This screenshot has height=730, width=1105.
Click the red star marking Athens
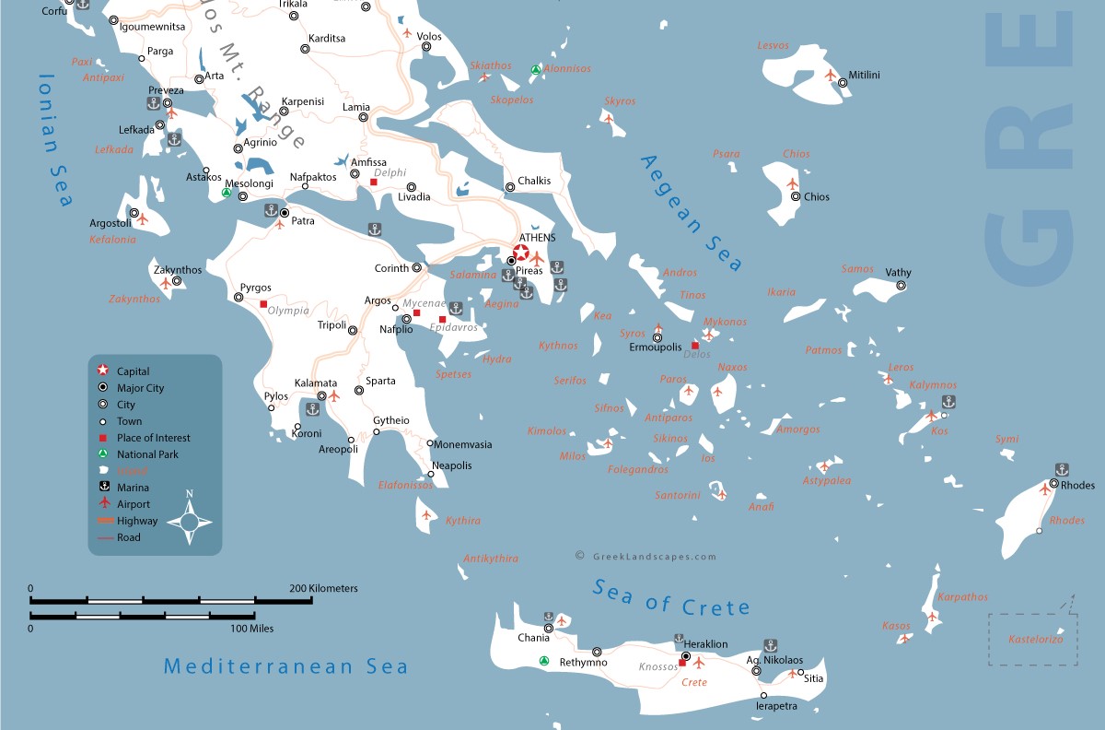[521, 253]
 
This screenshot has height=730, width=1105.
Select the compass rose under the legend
[191, 523]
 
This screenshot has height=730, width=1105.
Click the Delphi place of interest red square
[374, 182]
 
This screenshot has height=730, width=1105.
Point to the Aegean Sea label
[691, 213]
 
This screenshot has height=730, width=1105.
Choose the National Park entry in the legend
[147, 454]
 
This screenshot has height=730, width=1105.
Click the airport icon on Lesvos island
[831, 75]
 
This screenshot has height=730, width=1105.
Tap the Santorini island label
[677, 496]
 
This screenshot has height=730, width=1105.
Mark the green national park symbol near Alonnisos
[535, 70]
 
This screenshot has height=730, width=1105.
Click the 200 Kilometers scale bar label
[323, 588]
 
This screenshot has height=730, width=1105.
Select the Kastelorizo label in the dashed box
[1035, 639]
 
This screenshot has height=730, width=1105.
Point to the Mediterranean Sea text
[285, 665]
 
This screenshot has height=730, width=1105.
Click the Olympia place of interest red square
[263, 304]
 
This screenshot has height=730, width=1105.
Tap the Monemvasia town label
[462, 444]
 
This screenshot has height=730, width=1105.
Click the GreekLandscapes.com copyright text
[645, 557]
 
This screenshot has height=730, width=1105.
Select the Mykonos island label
[725, 322]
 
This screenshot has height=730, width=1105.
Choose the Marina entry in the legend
[133, 488]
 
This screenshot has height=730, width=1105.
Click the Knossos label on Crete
[657, 666]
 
